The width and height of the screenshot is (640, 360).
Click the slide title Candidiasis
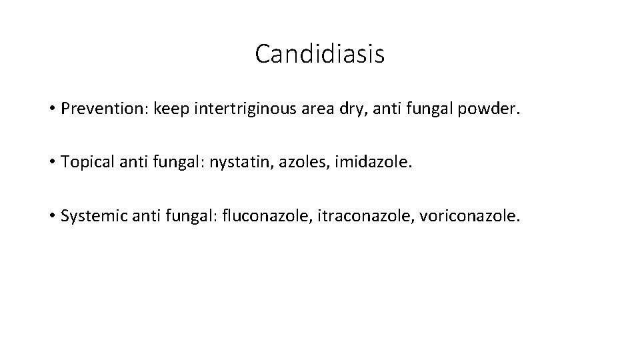click(x=319, y=55)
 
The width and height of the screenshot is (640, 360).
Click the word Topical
click(x=85, y=163)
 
